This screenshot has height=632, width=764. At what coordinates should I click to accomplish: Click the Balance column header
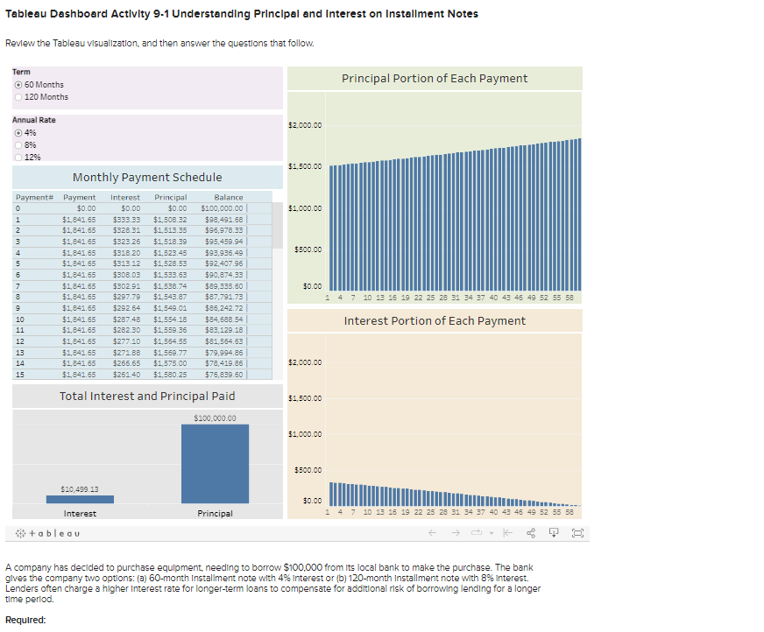[x=228, y=198]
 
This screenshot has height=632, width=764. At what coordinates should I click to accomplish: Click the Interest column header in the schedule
[x=125, y=198]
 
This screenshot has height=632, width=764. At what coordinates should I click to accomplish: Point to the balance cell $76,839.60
[x=223, y=375]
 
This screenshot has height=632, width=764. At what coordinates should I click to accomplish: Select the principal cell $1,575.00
[x=170, y=363]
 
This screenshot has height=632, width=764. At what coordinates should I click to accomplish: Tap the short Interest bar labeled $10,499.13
[x=80, y=500]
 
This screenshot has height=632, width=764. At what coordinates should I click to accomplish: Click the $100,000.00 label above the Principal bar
[x=215, y=418]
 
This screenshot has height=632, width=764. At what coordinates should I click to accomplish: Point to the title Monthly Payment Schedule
[x=147, y=177]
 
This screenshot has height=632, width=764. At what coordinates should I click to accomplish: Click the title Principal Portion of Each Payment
[x=435, y=79]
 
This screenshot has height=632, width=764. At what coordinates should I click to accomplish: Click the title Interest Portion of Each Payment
[x=435, y=321]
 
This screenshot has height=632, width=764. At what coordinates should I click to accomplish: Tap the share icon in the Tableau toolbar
[x=531, y=532]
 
